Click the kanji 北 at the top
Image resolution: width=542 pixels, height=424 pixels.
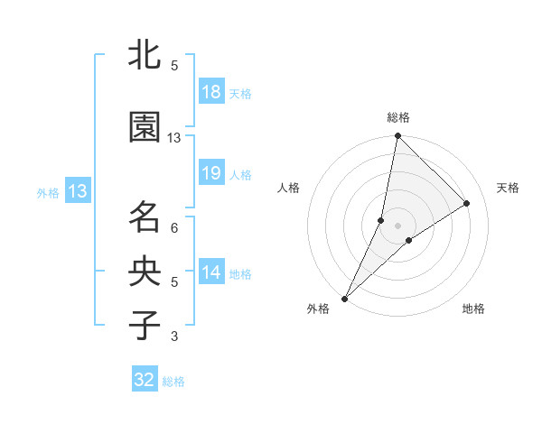click(145, 56)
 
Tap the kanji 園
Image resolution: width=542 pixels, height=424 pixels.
click(145, 128)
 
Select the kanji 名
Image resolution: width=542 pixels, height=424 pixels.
click(145, 217)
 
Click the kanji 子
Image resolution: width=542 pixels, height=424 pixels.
click(145, 325)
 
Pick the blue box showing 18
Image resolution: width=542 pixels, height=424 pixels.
click(211, 92)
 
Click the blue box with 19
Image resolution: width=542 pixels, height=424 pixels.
click(211, 173)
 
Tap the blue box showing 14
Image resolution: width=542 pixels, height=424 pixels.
click(211, 272)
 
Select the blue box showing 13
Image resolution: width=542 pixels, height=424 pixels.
click(77, 191)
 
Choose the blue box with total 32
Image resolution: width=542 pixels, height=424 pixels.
click(145, 380)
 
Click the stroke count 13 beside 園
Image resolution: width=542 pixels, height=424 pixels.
click(174, 138)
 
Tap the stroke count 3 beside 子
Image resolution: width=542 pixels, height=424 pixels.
click(174, 336)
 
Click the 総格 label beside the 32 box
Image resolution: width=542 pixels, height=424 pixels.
click(173, 382)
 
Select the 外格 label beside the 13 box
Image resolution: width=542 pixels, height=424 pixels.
click(48, 192)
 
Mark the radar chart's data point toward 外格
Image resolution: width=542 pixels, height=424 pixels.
click(345, 298)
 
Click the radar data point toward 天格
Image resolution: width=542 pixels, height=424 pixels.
click(467, 204)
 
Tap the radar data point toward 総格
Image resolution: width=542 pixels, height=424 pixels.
click(397, 137)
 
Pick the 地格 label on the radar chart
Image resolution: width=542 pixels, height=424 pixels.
click(473, 309)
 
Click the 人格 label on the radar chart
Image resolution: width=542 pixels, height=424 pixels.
click(289, 188)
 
